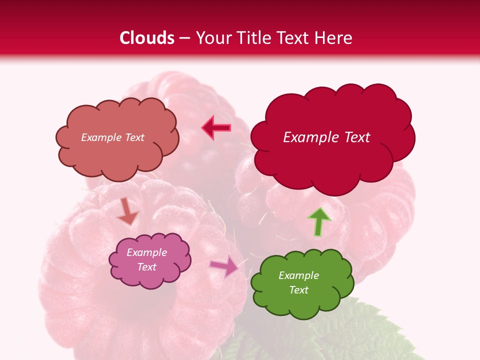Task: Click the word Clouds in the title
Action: [x=147, y=38]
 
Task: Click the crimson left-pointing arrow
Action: [x=216, y=128]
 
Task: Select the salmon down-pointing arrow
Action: [x=127, y=211]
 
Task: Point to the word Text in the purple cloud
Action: [x=147, y=267]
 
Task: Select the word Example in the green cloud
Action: [x=298, y=275]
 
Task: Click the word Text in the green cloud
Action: [x=298, y=290]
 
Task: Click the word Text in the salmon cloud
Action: [x=134, y=137]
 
